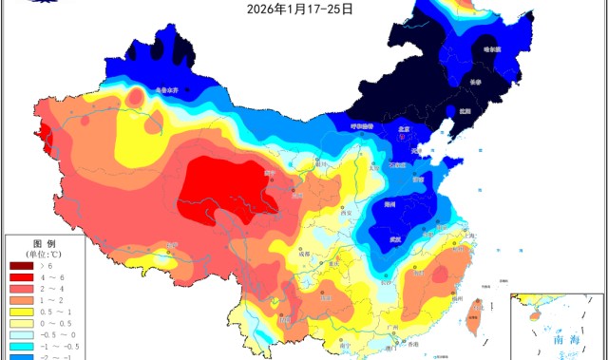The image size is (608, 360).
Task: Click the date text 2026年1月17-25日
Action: click(300, 9)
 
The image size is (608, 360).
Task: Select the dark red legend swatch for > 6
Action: click(20, 268)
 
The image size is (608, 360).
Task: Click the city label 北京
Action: click(404, 131)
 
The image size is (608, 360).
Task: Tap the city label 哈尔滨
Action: click(490, 48)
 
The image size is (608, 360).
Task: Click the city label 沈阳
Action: click(464, 109)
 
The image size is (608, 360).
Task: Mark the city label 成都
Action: click(302, 255)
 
